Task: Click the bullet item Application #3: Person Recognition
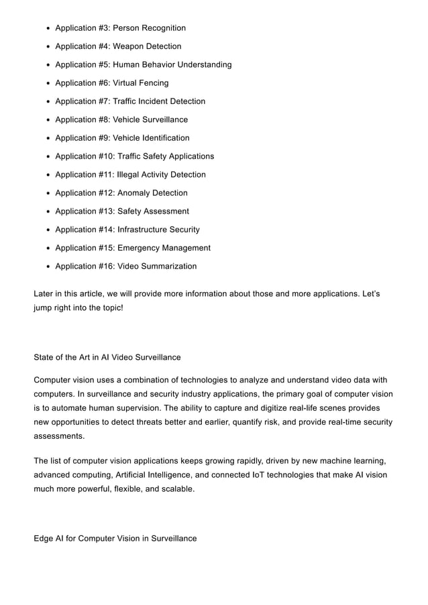tap(120, 28)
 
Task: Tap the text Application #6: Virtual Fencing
tap(111, 83)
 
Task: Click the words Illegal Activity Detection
tap(162, 175)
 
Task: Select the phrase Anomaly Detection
tap(153, 193)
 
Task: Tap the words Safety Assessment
tap(153, 211)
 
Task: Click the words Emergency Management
tap(164, 248)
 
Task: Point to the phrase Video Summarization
tap(157, 266)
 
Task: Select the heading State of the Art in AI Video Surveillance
tap(107, 357)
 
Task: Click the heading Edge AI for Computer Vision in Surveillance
tap(115, 538)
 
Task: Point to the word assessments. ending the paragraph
tap(59, 435)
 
